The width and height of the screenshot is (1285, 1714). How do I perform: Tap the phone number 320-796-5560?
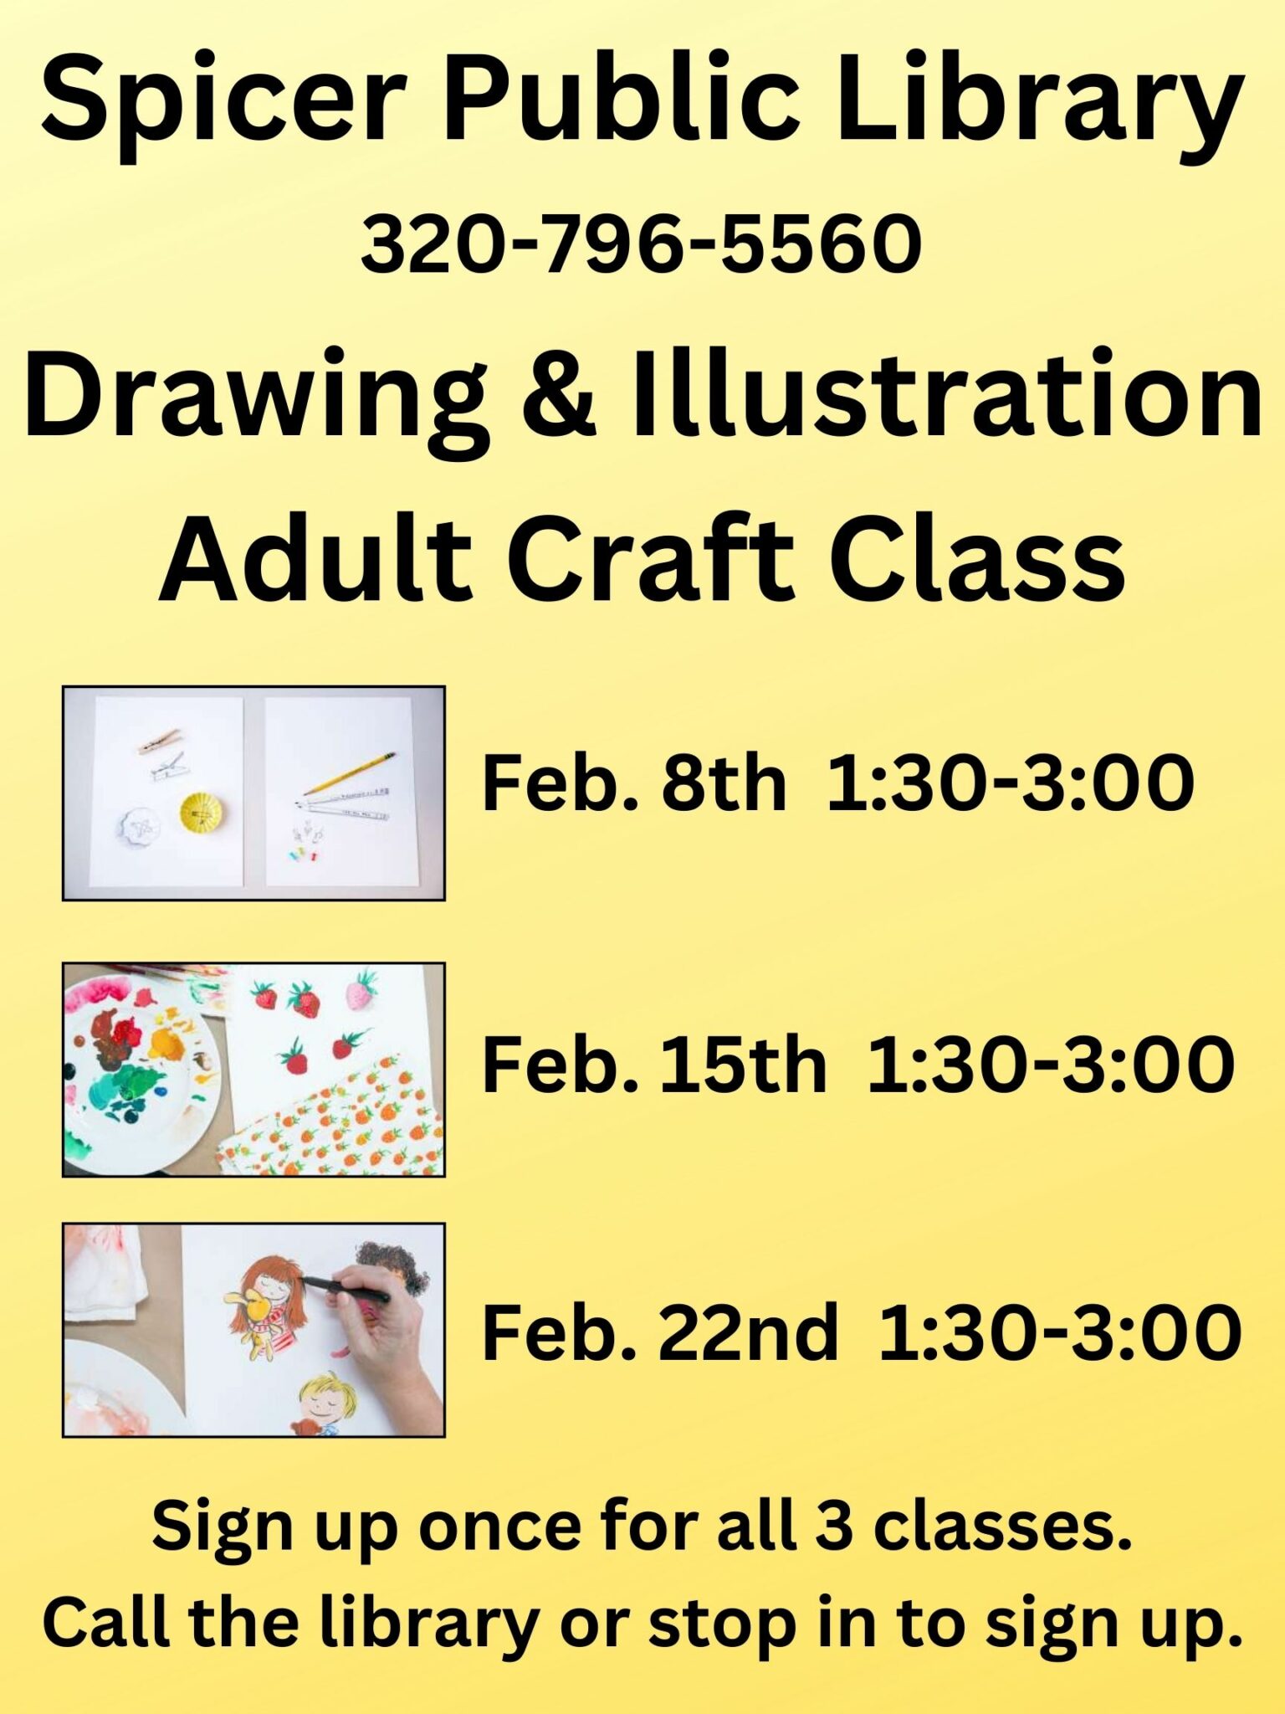pyautogui.click(x=642, y=244)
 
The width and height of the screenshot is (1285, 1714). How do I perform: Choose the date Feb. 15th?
pyautogui.click(x=654, y=1064)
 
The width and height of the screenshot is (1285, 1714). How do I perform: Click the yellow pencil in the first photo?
pyautogui.click(x=349, y=774)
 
